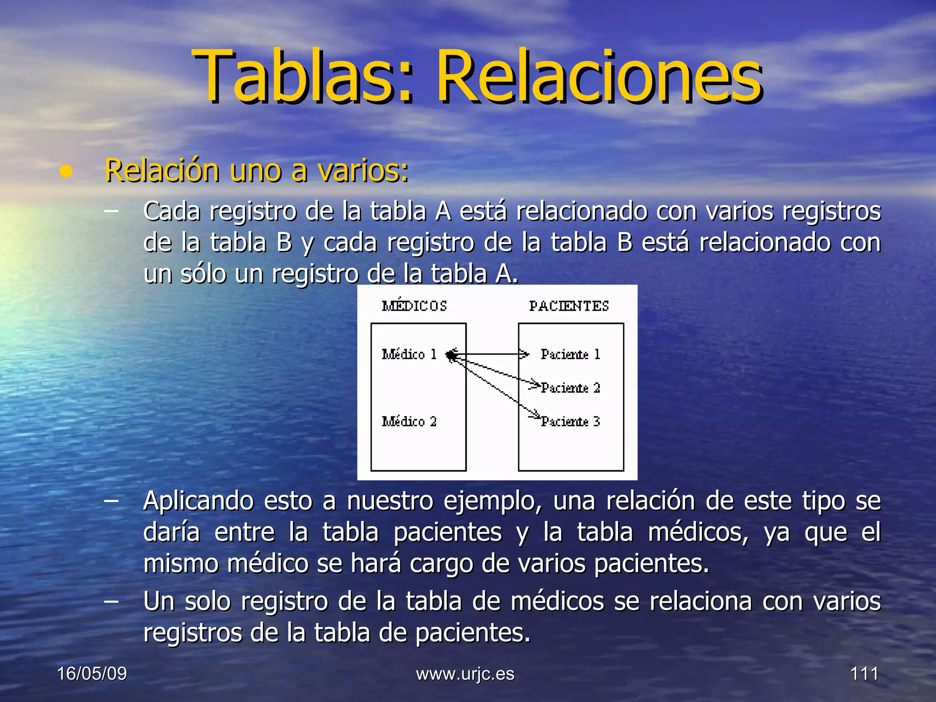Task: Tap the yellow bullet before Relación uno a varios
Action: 66,171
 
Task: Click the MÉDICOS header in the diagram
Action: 414,306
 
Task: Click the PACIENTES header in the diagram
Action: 569,306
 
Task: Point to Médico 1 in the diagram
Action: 409,354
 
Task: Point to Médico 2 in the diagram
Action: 409,421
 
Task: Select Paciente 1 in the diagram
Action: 570,354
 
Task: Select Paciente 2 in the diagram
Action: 570,388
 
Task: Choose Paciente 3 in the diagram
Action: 570,421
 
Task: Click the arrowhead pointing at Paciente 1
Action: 524,354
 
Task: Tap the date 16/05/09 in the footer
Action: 92,674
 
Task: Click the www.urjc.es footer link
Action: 465,674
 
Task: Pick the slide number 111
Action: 864,674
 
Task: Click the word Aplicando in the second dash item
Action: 198,501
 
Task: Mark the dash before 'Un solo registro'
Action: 111,601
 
